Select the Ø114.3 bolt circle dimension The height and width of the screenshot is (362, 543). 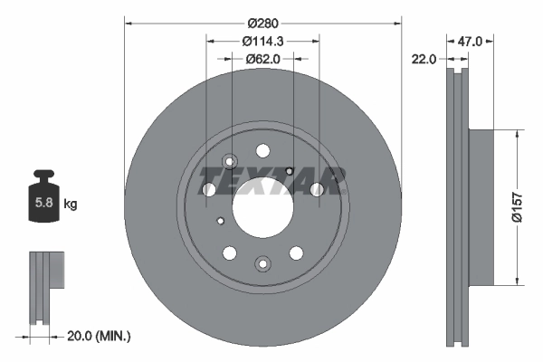pyautogui.click(x=262, y=41)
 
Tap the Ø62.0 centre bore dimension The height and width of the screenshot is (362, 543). pyautogui.click(x=262, y=59)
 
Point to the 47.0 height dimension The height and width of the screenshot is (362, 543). pyautogui.click(x=470, y=41)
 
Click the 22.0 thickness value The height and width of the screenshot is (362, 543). pyautogui.click(x=424, y=59)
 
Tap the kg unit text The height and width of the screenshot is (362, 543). pyautogui.click(x=71, y=205)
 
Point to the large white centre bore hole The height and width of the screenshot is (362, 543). pyautogui.click(x=262, y=204)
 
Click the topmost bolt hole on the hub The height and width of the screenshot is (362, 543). pyautogui.click(x=262, y=150)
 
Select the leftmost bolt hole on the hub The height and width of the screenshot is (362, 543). pyautogui.click(x=209, y=189)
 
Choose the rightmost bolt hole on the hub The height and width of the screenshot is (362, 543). pyautogui.click(x=317, y=189)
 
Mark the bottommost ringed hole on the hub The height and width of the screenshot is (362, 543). pyautogui.click(x=262, y=263)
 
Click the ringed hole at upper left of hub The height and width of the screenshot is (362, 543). pyautogui.click(x=229, y=162)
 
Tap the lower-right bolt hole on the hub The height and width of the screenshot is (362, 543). pyautogui.click(x=295, y=252)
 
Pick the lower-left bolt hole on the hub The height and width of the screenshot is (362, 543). pyautogui.click(x=229, y=252)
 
